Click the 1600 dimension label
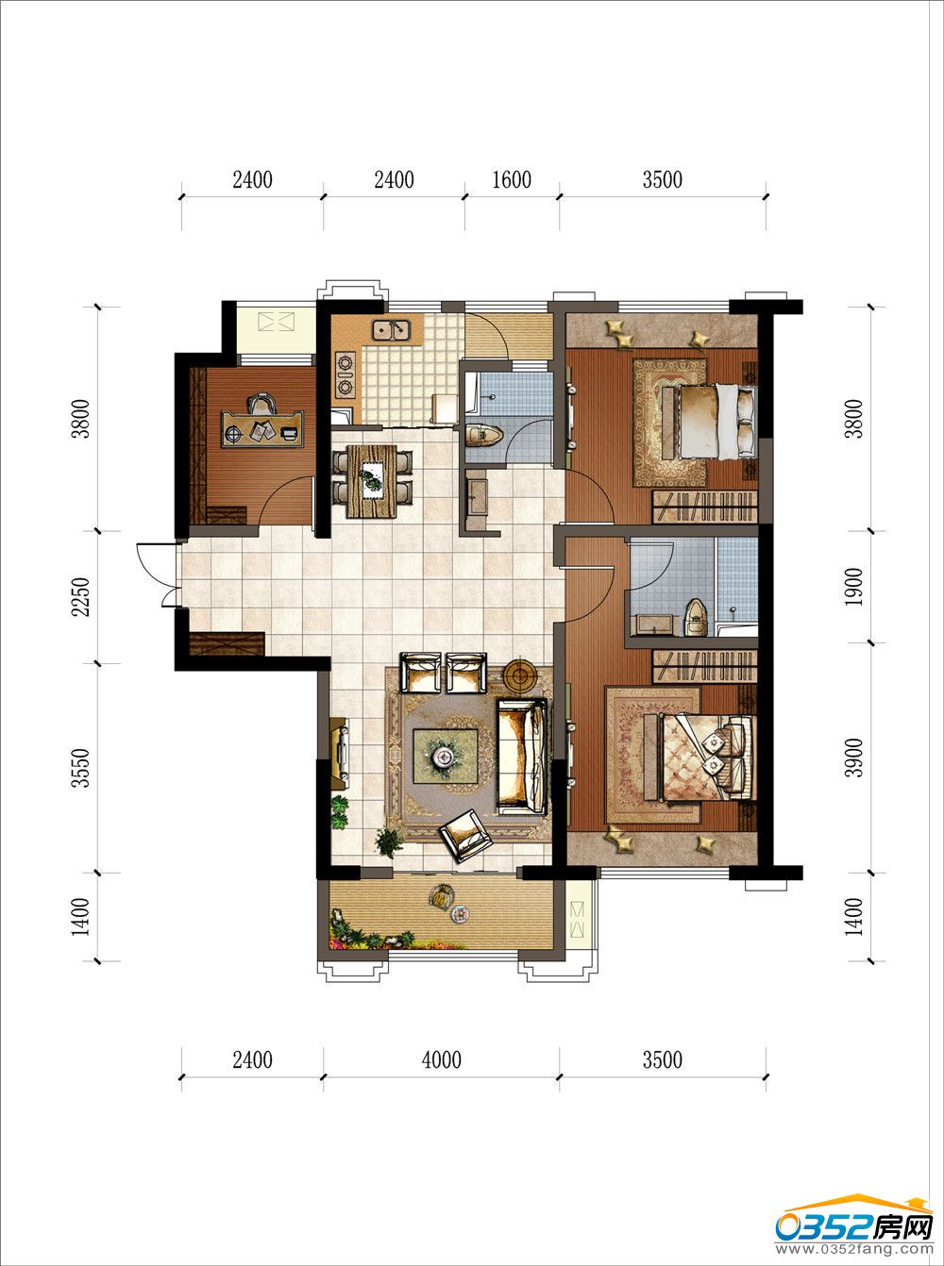pos(512,180)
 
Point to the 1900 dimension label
pos(853,587)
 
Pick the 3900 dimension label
pos(853,758)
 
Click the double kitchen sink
pos(391,329)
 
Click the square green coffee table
pos(446,757)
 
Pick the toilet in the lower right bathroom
pos(696,616)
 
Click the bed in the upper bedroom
pos(709,422)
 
